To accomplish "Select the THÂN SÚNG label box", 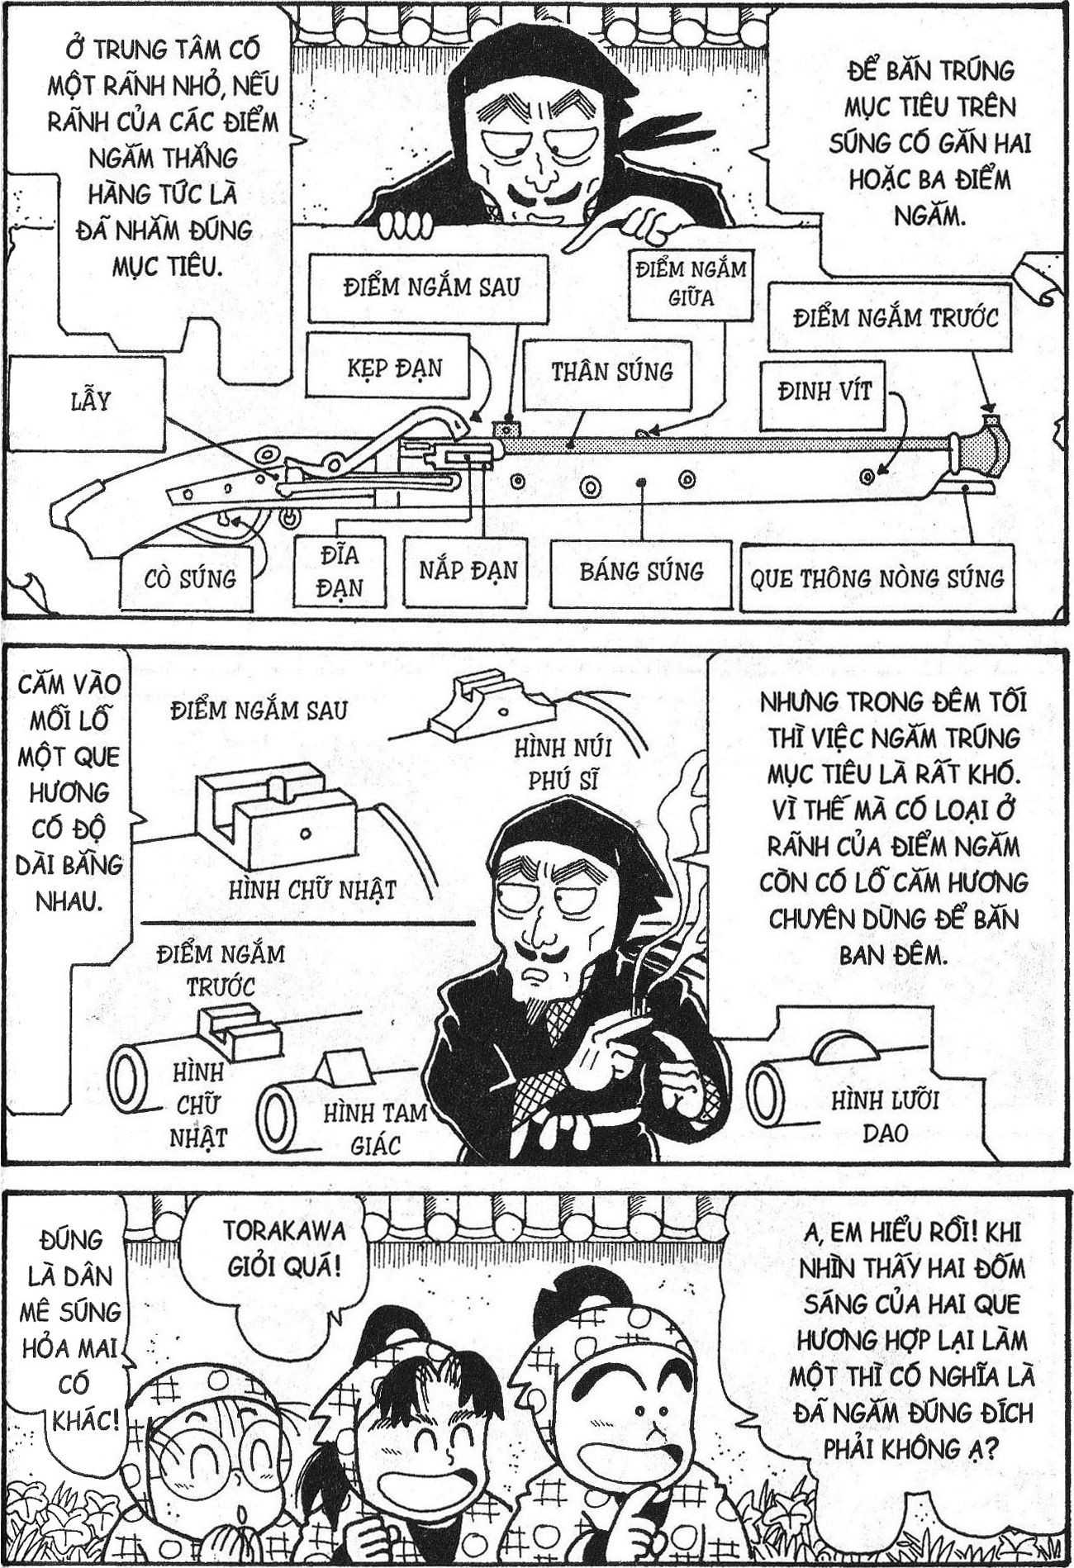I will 611,373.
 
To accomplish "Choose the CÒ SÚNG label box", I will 189,577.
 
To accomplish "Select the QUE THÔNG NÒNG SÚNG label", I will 876,577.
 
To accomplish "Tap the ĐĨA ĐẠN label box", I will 340,572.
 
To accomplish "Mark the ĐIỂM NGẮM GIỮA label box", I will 690,283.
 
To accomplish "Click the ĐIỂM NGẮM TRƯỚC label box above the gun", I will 895,318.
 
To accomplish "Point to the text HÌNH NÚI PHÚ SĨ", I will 562,764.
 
